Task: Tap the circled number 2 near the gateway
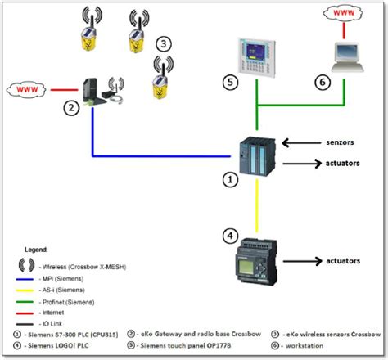pyautogui.click(x=72, y=107)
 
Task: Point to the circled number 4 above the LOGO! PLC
pyautogui.click(x=232, y=236)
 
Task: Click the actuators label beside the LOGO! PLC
pyautogui.click(x=339, y=261)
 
